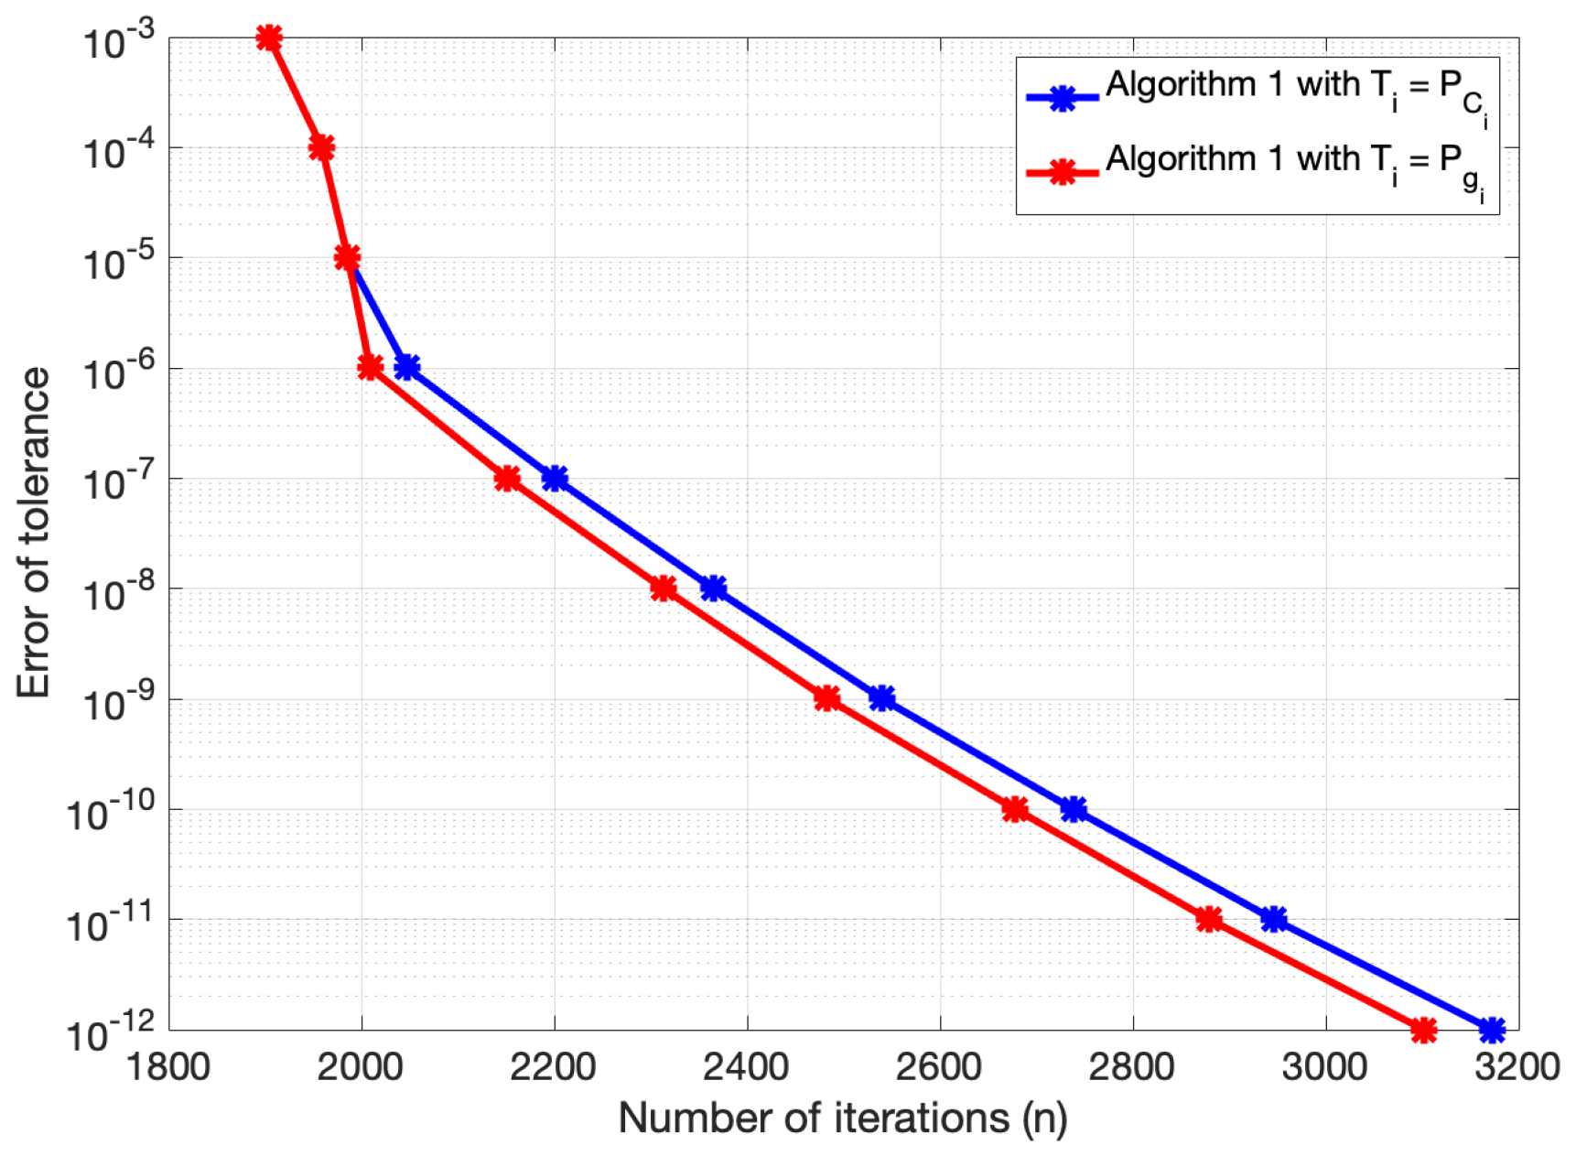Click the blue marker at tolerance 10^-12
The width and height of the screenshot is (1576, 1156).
(x=1492, y=1030)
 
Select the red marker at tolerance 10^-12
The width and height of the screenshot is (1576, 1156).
(x=1423, y=1030)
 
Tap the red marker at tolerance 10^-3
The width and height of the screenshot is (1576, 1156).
(x=269, y=38)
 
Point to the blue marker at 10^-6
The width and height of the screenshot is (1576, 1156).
(x=407, y=367)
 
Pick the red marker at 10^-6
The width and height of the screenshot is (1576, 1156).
(x=370, y=367)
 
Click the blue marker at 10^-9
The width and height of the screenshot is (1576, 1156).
(x=881, y=698)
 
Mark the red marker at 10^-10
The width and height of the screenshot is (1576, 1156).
(x=1014, y=809)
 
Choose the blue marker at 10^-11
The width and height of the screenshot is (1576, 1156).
(x=1273, y=919)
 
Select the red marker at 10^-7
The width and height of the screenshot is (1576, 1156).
(x=507, y=478)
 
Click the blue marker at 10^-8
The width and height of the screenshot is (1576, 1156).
(x=714, y=589)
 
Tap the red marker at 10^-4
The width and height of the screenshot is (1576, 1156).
(x=321, y=147)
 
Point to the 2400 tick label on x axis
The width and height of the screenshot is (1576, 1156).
(x=747, y=1067)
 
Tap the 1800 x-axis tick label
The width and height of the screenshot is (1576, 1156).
(x=168, y=1067)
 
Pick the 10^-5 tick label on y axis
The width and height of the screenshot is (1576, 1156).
(x=117, y=262)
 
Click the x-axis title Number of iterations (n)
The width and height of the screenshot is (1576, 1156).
(x=843, y=1118)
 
